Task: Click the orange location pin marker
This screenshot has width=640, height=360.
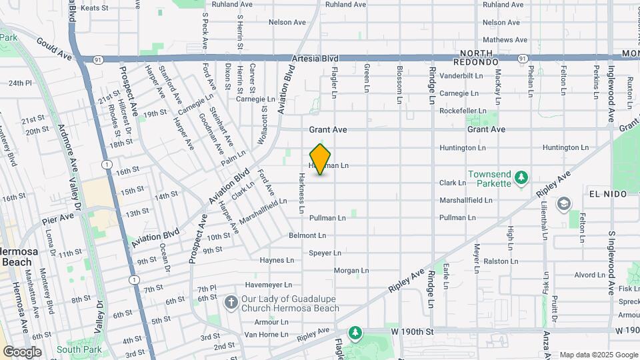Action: pyautogui.click(x=321, y=159)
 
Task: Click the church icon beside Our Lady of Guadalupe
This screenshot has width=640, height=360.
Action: pyautogui.click(x=231, y=303)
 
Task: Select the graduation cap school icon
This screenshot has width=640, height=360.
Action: pyautogui.click(x=564, y=203)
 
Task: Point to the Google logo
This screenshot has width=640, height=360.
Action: pyautogui.click(x=22, y=352)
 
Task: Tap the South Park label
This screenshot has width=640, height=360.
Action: pyautogui.click(x=79, y=349)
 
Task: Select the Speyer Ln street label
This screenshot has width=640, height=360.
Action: pyautogui.click(x=326, y=253)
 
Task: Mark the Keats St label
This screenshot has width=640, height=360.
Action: pyautogui.click(x=94, y=7)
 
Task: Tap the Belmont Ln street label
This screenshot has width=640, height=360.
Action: pyautogui.click(x=307, y=235)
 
